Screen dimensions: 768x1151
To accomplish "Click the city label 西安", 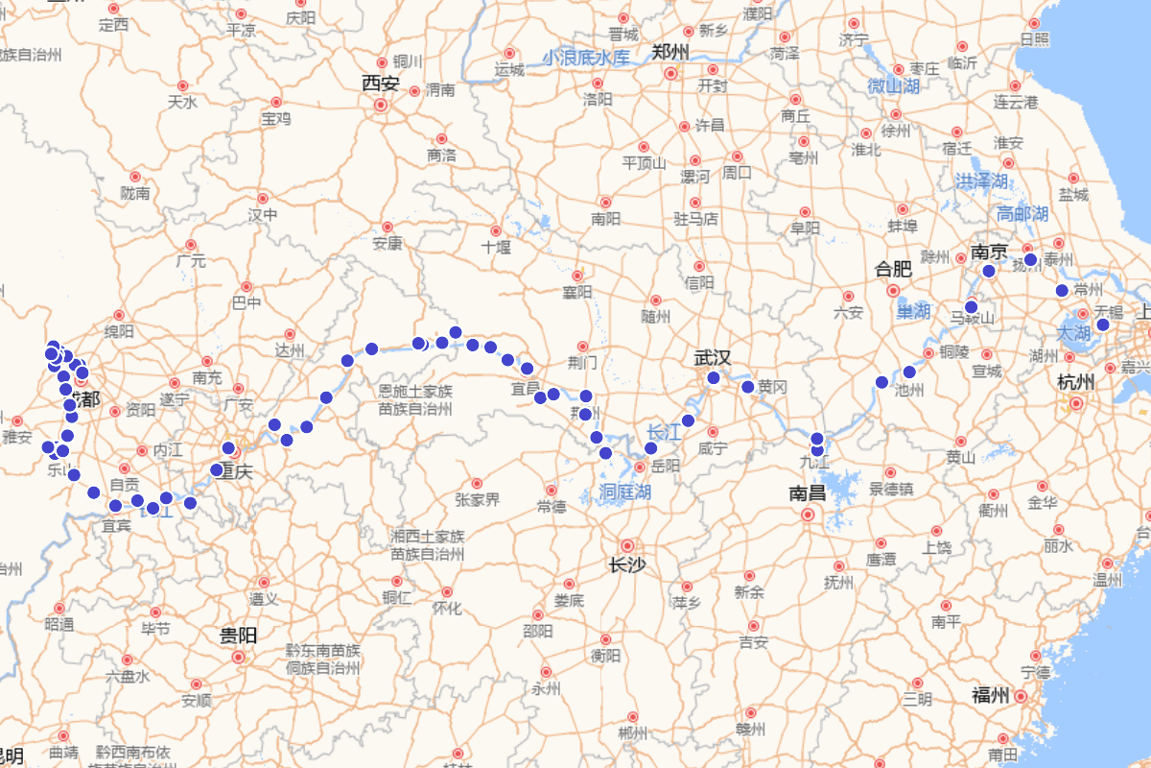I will click(x=380, y=84).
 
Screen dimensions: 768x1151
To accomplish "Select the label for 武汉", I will click(x=713, y=358).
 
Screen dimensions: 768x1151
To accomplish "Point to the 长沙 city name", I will click(x=626, y=564).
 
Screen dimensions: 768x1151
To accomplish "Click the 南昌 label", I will click(x=808, y=493).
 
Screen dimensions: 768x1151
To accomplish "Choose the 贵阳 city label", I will click(x=238, y=636).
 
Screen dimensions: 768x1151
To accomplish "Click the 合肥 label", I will click(x=892, y=270).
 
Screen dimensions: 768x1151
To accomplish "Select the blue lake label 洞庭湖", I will click(x=625, y=492).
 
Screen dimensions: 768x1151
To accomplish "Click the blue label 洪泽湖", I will click(x=981, y=181).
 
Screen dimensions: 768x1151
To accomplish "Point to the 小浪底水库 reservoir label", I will click(x=586, y=59).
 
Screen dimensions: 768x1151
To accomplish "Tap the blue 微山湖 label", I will click(x=893, y=87).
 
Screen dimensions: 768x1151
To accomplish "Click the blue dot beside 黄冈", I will click(x=748, y=387).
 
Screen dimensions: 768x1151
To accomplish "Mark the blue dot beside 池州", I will click(x=909, y=372).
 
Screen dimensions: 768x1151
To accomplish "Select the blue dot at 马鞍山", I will click(x=971, y=307).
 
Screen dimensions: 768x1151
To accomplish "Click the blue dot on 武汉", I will click(x=713, y=378).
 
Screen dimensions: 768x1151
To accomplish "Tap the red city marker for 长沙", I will click(x=627, y=544).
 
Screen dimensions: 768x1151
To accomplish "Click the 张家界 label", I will click(x=478, y=499).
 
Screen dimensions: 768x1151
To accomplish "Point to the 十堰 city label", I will click(x=497, y=248).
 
